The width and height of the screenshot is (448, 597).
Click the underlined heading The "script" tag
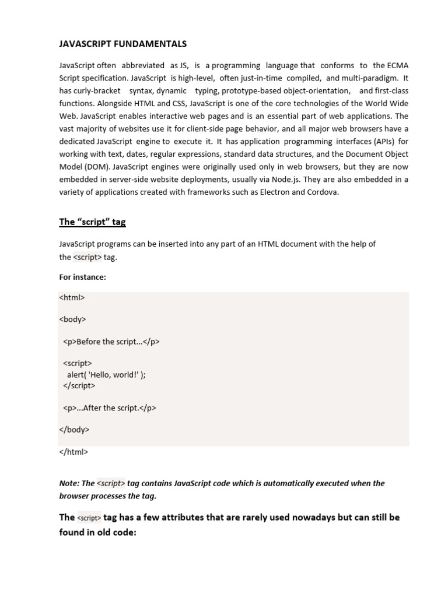pos(92,222)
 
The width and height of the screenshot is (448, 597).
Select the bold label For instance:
pos(82,277)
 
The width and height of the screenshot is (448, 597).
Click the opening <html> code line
pos(72,297)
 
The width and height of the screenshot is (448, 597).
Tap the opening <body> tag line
pos(72,319)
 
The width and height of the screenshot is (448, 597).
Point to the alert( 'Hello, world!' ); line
pos(106,375)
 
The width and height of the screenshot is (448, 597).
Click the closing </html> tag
pos(73,452)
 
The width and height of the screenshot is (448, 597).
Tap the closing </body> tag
pos(74,430)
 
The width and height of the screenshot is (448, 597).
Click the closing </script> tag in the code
pos(79,385)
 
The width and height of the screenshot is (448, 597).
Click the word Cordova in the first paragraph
pos(322,192)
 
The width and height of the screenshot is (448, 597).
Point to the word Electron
pos(268,192)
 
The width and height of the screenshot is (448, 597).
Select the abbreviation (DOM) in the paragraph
pos(93,167)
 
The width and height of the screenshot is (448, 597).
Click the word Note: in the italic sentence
pos(69,483)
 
